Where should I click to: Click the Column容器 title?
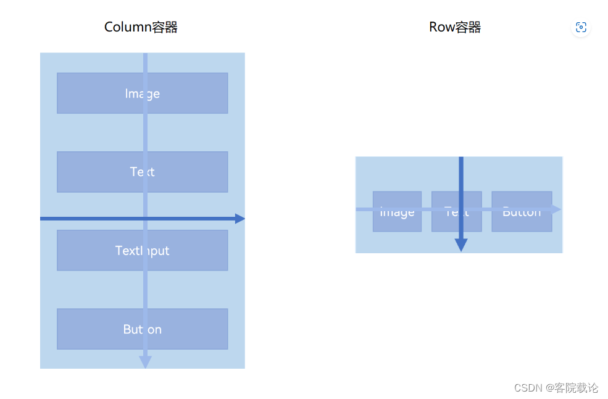pos(141,27)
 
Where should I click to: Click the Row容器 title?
pos(455,27)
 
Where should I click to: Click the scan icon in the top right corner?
pos(580,27)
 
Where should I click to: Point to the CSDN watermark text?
pos(556,388)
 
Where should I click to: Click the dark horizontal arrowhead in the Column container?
pos(240,219)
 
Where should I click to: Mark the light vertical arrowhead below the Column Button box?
pos(145,362)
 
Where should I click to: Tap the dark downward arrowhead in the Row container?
pos(460,245)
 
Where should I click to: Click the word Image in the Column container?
pos(142,93)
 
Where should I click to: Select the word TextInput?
pos(142,250)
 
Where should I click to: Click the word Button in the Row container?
pos(522,212)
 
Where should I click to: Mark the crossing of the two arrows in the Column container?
pos(145,219)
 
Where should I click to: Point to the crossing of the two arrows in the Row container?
pos(460,209)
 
